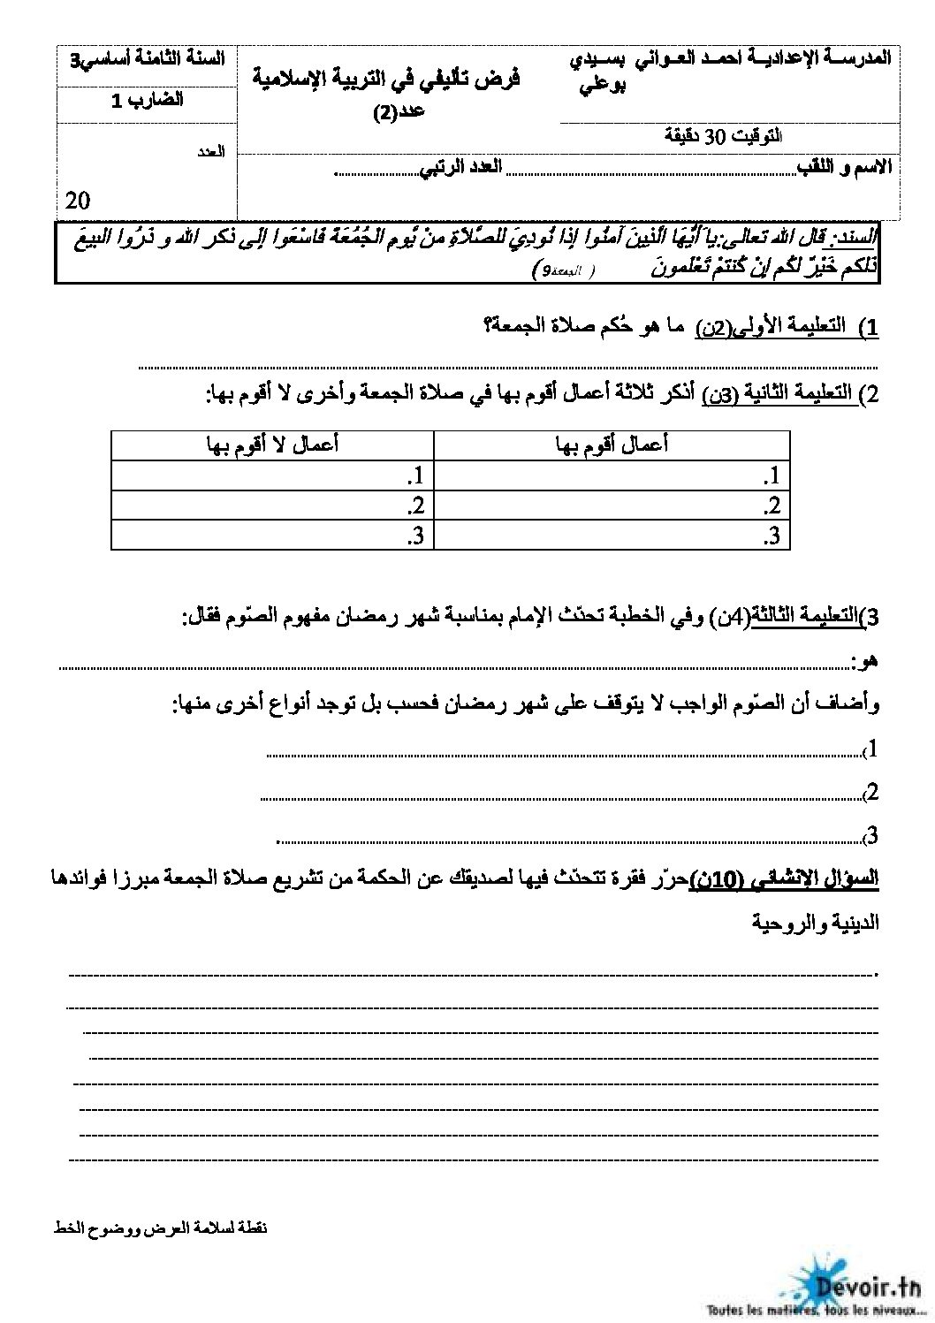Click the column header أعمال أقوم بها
612,445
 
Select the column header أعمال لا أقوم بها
272,445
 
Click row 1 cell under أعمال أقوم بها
612,476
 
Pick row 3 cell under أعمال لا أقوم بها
272,535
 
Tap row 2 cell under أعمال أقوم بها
612,506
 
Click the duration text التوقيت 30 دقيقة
723,136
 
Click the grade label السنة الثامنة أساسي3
147,59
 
